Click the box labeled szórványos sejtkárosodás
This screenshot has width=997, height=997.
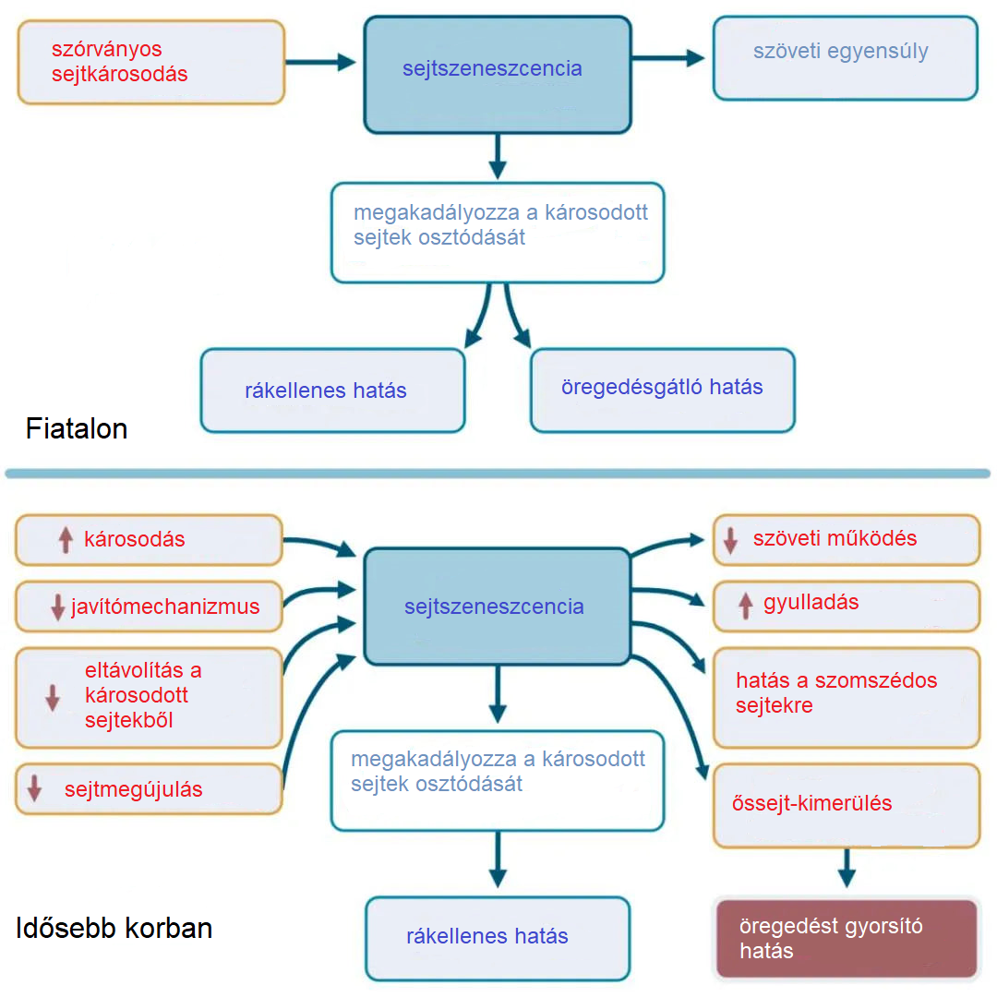pos(151,62)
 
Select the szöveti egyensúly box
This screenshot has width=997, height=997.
pos(845,57)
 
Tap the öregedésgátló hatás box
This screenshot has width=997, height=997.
pos(663,390)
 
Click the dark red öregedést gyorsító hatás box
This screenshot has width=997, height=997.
pos(847,939)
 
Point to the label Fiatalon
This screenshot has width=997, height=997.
pos(77,429)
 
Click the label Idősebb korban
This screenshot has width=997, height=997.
pos(114,928)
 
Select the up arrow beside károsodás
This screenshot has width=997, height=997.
pos(66,540)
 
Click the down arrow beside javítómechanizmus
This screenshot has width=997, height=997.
pos(57,607)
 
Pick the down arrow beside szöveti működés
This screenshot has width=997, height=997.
pos(730,540)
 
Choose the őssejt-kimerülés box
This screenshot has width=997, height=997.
pos(847,805)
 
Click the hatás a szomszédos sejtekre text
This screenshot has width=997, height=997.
pos(836,693)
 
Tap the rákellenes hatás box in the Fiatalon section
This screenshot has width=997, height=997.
pos(332,390)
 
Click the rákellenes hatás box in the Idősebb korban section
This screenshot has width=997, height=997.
pos(498,938)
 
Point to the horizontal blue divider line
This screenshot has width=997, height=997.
pos(498,474)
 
